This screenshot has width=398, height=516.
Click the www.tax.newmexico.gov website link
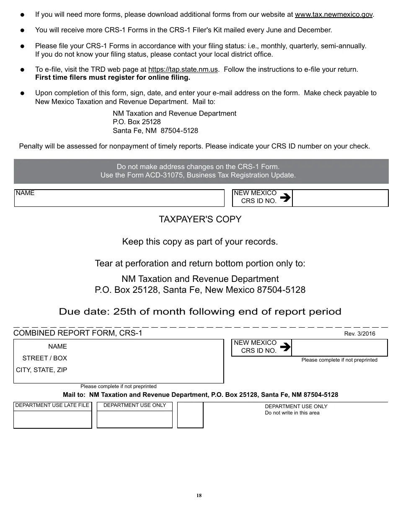333,15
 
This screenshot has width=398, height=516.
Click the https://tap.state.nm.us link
183,70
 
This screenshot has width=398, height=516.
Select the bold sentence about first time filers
112,78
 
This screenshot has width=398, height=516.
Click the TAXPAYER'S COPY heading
200,219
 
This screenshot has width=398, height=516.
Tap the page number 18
199,495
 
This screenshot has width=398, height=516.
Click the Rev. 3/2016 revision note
359,334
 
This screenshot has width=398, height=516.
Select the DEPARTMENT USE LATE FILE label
52,405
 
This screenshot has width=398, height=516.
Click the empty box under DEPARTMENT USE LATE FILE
52,420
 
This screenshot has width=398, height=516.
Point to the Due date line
200,312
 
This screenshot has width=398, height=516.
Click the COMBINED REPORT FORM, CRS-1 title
78,333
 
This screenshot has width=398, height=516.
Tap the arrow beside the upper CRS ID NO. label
285,197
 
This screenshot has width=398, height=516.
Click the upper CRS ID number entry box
340,198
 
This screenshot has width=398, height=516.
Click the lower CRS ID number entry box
339,348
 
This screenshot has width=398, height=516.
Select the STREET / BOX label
44,358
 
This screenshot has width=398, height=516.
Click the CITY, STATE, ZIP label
41,370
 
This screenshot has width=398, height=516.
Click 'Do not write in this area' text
292,413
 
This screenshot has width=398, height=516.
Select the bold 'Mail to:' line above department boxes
200,395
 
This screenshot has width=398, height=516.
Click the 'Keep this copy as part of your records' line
200,242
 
